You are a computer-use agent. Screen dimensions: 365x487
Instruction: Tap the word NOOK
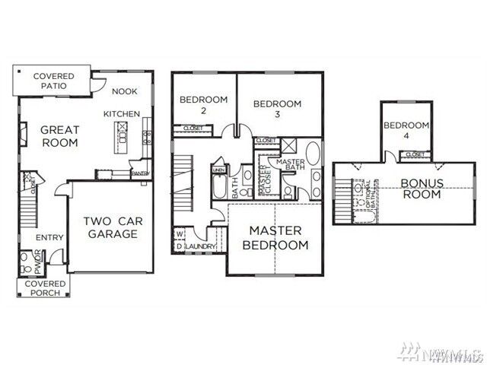click(x=125, y=91)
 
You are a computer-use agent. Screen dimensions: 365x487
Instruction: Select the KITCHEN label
click(x=122, y=114)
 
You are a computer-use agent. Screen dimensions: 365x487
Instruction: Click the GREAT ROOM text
click(x=59, y=136)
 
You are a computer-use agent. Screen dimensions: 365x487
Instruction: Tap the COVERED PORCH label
click(x=46, y=288)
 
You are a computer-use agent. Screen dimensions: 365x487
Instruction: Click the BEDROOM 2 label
click(x=203, y=105)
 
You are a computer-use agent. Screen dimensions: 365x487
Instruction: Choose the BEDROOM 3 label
click(x=277, y=109)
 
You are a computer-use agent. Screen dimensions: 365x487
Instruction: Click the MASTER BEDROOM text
click(x=275, y=237)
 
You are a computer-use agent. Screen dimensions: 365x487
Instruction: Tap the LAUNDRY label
click(x=200, y=247)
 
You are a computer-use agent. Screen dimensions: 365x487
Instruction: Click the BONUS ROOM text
click(x=421, y=189)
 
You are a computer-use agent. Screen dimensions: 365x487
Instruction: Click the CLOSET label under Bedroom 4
click(x=415, y=154)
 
